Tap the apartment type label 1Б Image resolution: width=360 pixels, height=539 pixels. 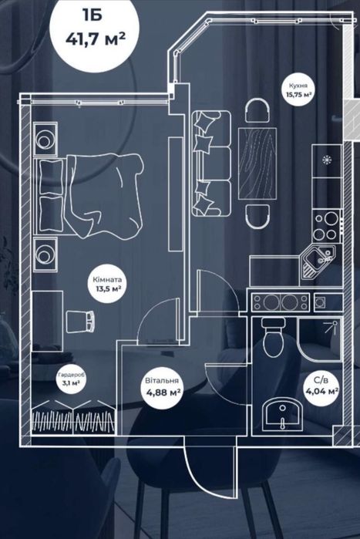pyautogui.click(x=93, y=15)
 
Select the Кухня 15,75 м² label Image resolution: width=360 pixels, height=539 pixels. pyautogui.click(x=298, y=89)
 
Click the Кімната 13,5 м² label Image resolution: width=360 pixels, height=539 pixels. pyautogui.click(x=107, y=285)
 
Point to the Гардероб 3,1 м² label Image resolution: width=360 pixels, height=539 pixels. pyautogui.click(x=72, y=379)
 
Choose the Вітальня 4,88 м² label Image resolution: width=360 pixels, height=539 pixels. pyautogui.click(x=162, y=386)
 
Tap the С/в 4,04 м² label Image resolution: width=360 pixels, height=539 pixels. pyautogui.click(x=321, y=386)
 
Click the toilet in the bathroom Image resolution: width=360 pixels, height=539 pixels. pyautogui.click(x=273, y=336)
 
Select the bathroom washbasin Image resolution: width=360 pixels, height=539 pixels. pyautogui.click(x=282, y=414)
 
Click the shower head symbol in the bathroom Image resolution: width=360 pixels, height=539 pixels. pyautogui.click(x=331, y=327)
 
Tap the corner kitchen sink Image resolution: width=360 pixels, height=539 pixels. pyautogui.click(x=318, y=262)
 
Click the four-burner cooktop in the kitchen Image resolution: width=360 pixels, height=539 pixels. pyautogui.click(x=326, y=226)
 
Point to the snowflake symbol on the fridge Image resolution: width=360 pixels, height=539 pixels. pyautogui.click(x=326, y=160)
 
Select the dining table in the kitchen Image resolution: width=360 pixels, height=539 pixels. pyautogui.click(x=257, y=163)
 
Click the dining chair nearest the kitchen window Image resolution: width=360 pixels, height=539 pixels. pyautogui.click(x=257, y=110)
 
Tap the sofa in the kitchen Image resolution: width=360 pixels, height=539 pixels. pyautogui.click(x=211, y=163)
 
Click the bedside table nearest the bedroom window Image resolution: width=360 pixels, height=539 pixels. pyautogui.click(x=45, y=139)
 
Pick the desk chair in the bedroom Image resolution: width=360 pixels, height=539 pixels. pyautogui.click(x=80, y=321)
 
